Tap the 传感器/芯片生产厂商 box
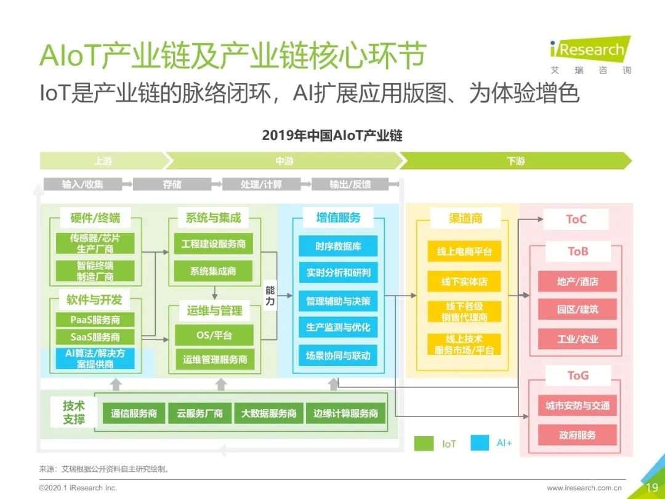click(x=95, y=243)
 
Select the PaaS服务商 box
click(x=95, y=320)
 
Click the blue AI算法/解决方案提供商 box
click(x=95, y=359)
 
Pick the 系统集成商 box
click(x=213, y=271)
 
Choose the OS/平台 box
click(x=213, y=336)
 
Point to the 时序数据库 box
click(x=338, y=246)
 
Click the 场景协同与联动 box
click(x=338, y=355)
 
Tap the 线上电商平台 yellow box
click(x=464, y=251)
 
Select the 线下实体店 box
click(x=464, y=282)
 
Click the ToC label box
click(x=576, y=219)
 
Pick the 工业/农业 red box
click(x=578, y=339)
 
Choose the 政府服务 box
click(x=578, y=435)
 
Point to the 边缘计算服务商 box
click(x=345, y=413)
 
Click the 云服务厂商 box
click(x=199, y=413)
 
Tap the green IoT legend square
click(x=424, y=443)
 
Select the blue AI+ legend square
click(x=480, y=443)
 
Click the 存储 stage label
click(x=172, y=184)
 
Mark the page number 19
click(x=651, y=487)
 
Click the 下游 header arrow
click(x=516, y=161)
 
